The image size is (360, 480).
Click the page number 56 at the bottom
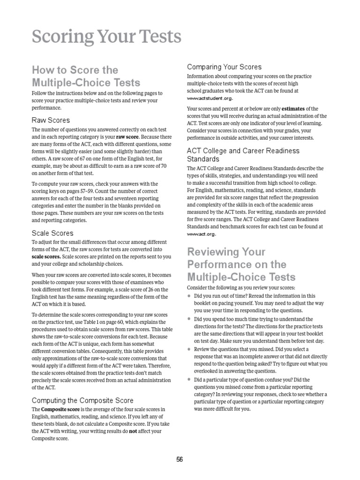coord(180,460)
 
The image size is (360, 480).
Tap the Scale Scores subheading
coord(52,232)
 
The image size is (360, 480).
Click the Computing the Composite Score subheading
coord(82,400)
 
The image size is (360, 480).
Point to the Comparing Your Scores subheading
coord(224,67)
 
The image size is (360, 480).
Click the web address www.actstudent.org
coord(210,98)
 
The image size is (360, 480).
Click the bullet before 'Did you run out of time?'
coord(188,296)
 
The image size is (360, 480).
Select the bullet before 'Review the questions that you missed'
coord(188,349)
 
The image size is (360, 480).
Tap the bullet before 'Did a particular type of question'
coord(188,380)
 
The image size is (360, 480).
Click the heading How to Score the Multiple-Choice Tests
coord(86,76)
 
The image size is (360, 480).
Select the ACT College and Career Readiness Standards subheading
coord(243,155)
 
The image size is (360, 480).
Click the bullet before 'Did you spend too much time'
coord(188,319)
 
